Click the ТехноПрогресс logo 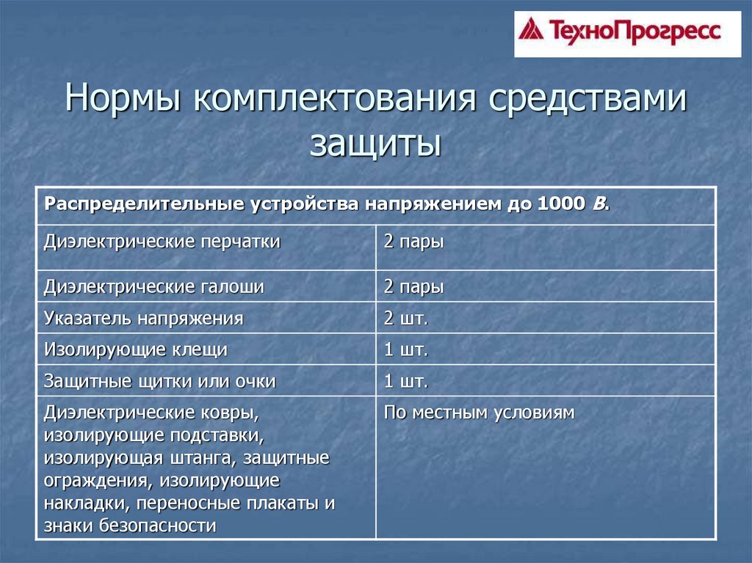pos(627,34)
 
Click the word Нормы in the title pos(123,98)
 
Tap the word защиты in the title pos(375,142)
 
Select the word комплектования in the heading pos(335,98)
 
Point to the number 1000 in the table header pos(561,204)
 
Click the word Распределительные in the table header pos(144,205)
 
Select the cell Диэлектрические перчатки pos(162,241)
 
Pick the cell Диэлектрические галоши pos(154,286)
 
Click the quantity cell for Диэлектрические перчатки pos(413,241)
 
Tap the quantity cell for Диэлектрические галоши pos(413,287)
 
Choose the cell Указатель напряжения pos(144,319)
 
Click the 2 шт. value pos(405,318)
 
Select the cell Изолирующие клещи pos(136,349)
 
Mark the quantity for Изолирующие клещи pos(405,349)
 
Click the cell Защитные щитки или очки pos(159,381)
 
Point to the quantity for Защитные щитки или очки pos(405,381)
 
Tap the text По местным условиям pos(479,413)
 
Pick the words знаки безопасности pos(130,526)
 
